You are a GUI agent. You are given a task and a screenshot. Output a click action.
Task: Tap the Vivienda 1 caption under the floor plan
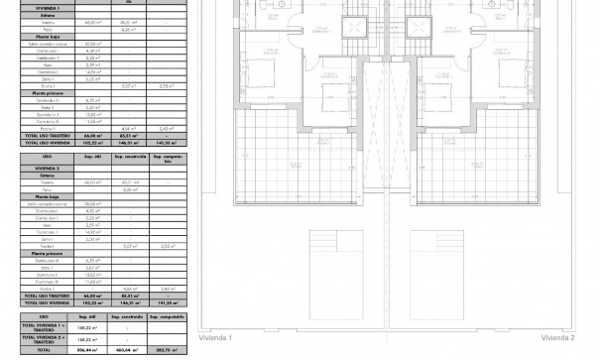tap(215, 339)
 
